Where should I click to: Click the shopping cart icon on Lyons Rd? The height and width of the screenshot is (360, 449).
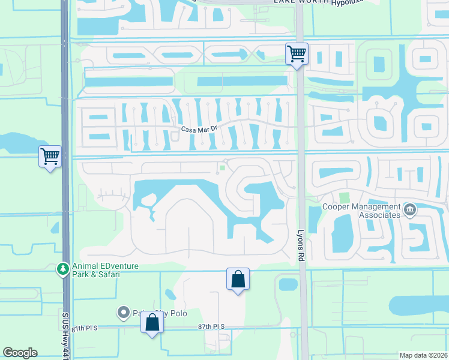tap(297, 54)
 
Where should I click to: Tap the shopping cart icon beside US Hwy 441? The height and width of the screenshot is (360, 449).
tap(50, 157)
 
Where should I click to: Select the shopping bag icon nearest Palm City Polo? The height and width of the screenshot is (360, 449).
tap(152, 322)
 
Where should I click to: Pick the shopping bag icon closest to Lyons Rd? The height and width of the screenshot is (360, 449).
tap(238, 279)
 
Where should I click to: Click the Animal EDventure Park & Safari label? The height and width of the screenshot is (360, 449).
tap(95, 271)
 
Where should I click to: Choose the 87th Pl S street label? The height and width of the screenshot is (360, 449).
tap(211, 326)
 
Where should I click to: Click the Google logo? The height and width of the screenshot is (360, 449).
tap(20, 353)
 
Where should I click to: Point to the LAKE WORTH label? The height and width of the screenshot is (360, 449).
tap(295, 2)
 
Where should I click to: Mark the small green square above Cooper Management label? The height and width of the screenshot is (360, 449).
tap(344, 197)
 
